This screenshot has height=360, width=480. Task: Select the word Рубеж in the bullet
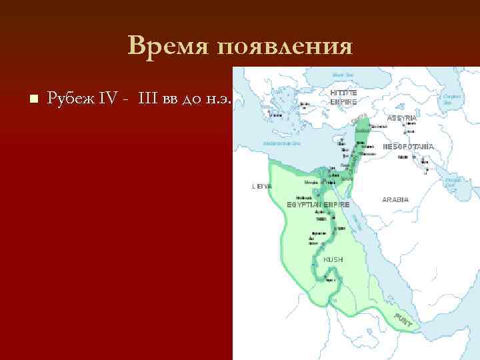[69, 99]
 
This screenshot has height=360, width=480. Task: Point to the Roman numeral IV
[108, 99]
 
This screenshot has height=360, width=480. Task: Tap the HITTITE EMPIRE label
[344, 97]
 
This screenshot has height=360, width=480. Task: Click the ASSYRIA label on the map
[402, 118]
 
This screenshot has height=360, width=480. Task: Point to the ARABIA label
[395, 199]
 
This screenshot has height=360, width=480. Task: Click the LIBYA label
[261, 187]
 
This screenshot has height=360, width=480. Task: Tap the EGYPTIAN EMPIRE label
[318, 203]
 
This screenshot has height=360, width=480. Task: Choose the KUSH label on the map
[333, 259]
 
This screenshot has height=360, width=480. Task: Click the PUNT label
[403, 321]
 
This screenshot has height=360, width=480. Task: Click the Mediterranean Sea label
[282, 143]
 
